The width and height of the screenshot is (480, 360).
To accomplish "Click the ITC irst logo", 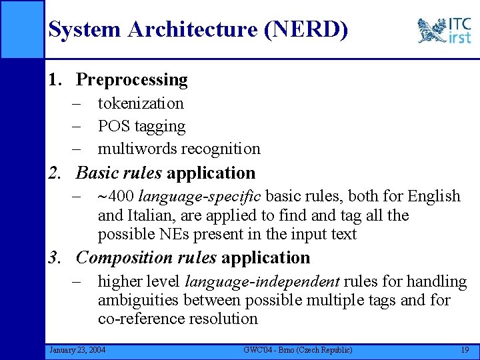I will [x=444, y=30].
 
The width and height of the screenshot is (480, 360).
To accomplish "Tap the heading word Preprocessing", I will [x=132, y=80].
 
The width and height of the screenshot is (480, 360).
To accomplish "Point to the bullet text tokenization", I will [x=141, y=103].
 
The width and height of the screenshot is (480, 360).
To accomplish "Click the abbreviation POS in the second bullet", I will [x=111, y=126].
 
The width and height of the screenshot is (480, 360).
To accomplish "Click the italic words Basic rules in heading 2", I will [x=119, y=173].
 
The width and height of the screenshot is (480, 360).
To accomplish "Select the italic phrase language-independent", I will [x=263, y=282].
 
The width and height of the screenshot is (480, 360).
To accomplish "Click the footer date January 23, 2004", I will [x=77, y=350].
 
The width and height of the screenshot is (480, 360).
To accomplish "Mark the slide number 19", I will [x=464, y=350].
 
